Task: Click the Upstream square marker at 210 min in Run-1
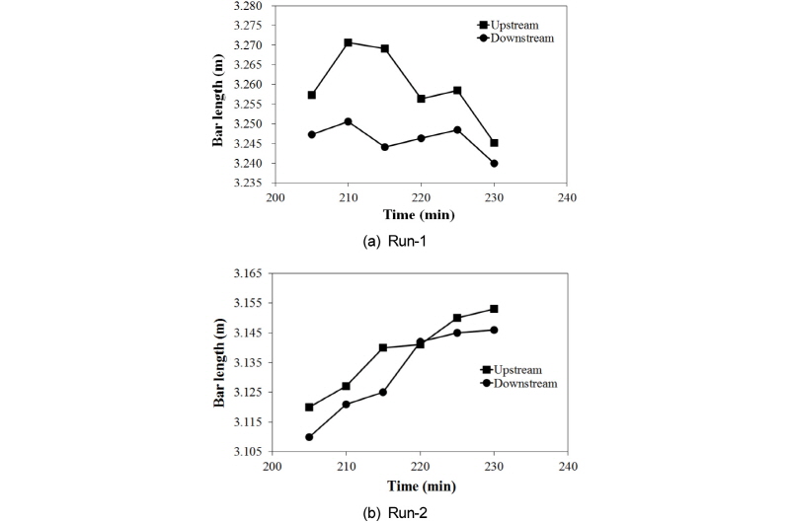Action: click(349, 42)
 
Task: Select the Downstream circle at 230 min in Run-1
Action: click(494, 163)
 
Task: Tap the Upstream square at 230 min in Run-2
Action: click(494, 309)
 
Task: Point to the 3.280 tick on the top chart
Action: click(247, 6)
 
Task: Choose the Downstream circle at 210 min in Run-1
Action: click(349, 121)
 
